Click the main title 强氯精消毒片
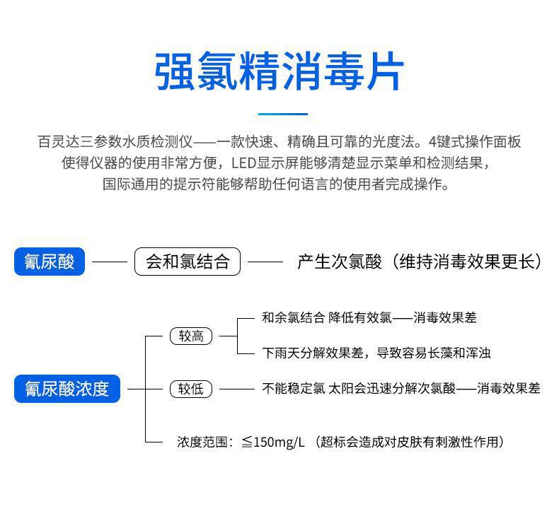[279, 71]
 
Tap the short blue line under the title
[283, 113]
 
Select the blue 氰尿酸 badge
[50, 262]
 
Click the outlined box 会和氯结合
[188, 262]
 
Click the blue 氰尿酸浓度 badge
[67, 389]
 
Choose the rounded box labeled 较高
[191, 336]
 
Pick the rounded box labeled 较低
[191, 389]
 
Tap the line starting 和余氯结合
[369, 318]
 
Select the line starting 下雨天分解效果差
[376, 353]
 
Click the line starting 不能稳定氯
[400, 388]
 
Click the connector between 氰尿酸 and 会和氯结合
[109, 262]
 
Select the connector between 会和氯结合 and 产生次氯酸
[265, 262]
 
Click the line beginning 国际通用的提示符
[276, 184]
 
